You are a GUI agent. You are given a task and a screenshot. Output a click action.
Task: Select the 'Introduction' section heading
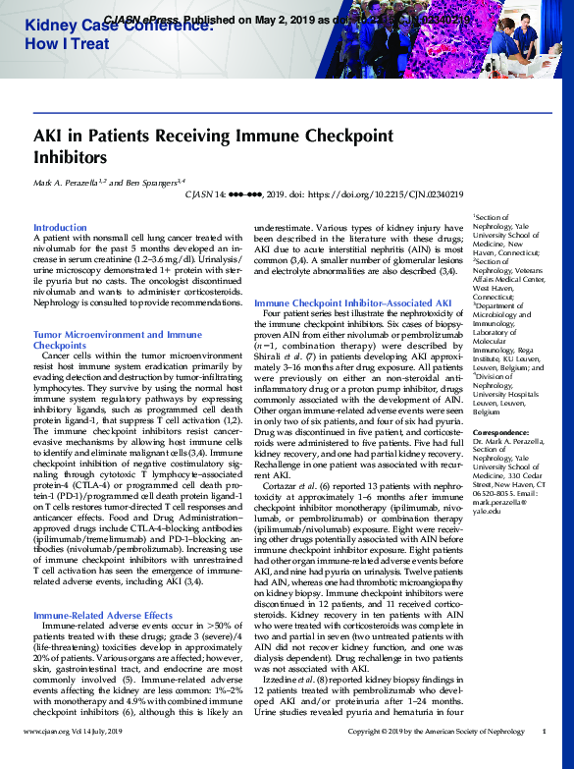60,227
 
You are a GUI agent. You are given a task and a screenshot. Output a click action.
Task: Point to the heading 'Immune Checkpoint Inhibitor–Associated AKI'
352,303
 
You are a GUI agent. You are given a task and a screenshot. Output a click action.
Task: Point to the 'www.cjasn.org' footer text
47,759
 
